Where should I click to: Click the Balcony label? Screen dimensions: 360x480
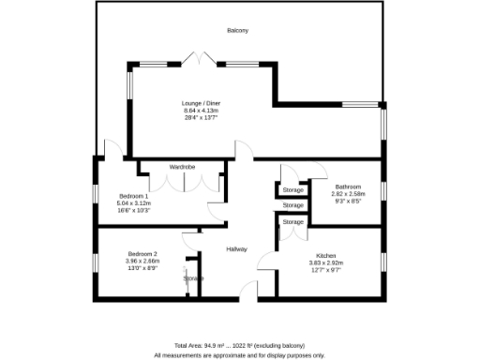[x=237, y=31]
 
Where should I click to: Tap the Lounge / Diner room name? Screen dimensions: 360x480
[x=202, y=103]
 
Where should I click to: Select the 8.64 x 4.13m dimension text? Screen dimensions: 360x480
[x=202, y=111]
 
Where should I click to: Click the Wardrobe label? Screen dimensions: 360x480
[x=182, y=167]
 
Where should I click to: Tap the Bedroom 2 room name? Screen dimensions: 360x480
[x=142, y=253]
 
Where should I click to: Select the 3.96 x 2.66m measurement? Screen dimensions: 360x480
[x=142, y=261]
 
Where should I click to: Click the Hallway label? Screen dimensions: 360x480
[x=236, y=248]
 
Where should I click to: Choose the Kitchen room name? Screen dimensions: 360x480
[x=326, y=255]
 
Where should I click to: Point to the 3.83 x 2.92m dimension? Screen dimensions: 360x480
[x=326, y=262]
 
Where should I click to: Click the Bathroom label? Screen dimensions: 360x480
[x=349, y=186]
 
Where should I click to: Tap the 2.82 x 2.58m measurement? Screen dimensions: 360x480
[x=349, y=193]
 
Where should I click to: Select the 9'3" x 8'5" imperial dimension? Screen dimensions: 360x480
[x=349, y=201]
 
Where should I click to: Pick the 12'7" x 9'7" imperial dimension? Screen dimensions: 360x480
[x=326, y=270]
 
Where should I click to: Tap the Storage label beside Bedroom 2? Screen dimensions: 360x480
[x=194, y=278]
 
